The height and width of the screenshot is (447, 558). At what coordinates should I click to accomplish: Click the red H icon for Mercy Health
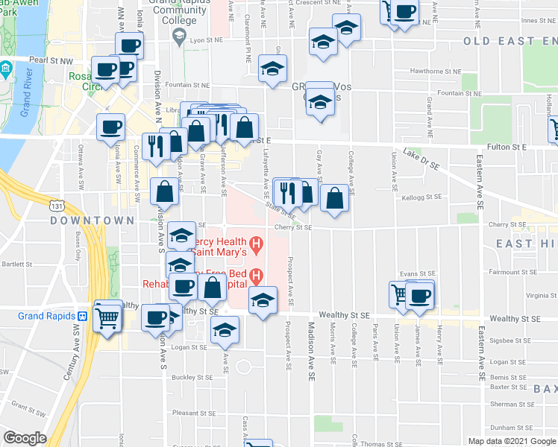(256, 243)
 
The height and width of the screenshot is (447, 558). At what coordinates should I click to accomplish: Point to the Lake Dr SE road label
(423, 157)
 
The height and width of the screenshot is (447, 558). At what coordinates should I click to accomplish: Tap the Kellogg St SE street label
(421, 198)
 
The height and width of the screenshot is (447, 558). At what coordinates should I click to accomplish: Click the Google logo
(25, 438)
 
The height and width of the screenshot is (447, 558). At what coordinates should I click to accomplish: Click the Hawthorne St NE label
(444, 72)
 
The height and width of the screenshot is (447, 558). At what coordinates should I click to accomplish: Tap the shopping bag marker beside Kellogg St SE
(335, 199)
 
